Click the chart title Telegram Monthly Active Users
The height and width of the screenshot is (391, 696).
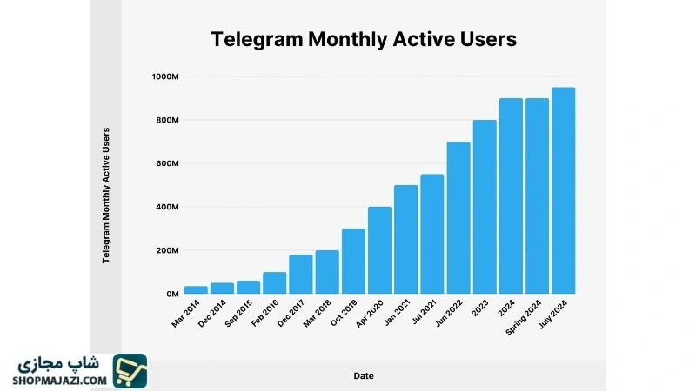364,39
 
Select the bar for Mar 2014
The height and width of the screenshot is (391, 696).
196,289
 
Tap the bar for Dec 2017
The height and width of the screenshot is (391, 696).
301,274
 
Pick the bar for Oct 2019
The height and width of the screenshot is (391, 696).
353,261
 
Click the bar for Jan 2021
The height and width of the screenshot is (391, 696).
405,239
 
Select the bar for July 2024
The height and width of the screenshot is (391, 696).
563,190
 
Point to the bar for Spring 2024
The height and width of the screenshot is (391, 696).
537,195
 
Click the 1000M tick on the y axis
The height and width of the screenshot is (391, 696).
164,76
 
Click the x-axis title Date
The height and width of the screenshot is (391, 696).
364,375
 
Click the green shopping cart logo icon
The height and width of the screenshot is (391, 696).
130,370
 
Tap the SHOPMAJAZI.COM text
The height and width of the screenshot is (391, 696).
60,380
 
